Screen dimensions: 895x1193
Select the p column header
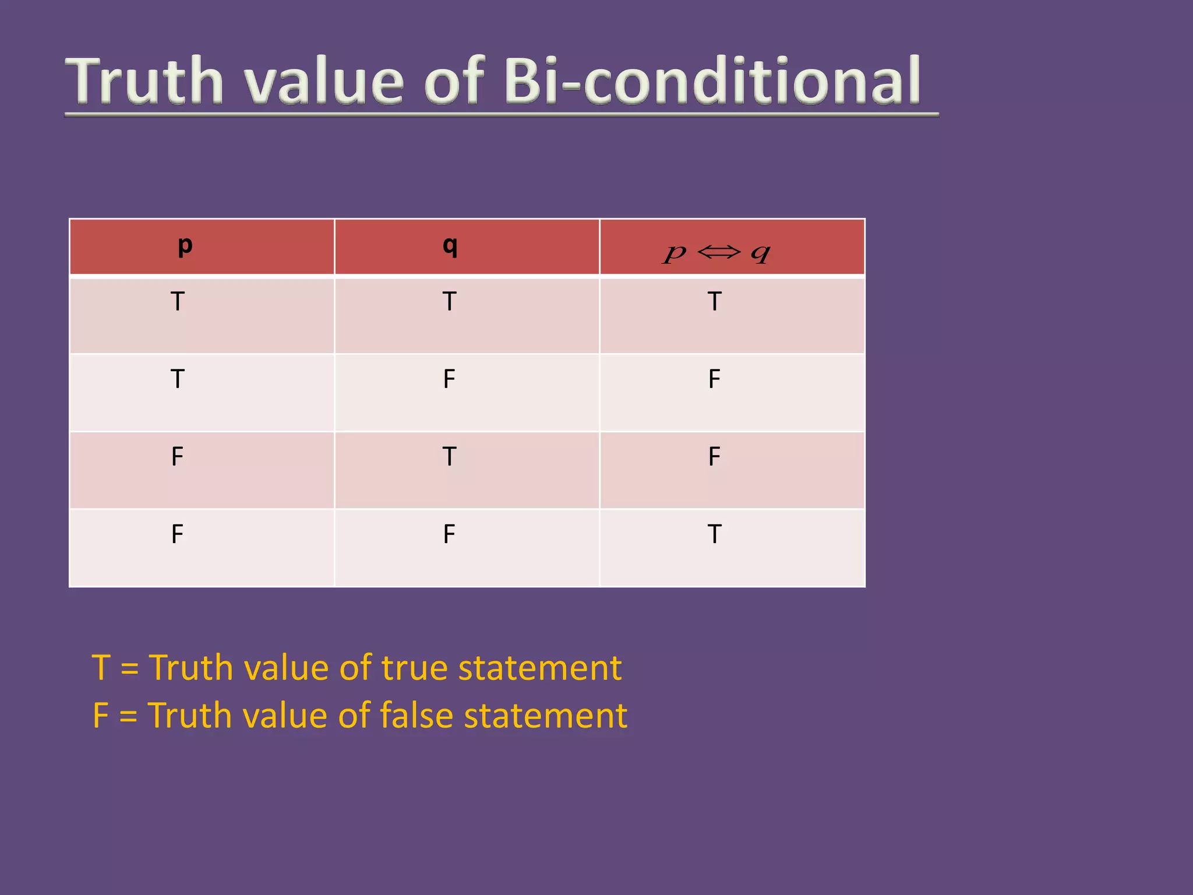click(185, 245)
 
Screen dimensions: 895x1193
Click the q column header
click(450, 245)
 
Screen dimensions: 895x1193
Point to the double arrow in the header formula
click(719, 252)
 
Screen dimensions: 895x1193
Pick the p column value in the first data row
click(178, 301)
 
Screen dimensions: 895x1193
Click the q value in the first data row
click(449, 301)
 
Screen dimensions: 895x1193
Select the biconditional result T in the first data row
click(715, 301)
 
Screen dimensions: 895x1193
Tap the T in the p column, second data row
click(178, 379)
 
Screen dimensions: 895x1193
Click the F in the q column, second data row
click(449, 379)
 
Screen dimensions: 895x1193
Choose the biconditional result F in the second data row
click(715, 379)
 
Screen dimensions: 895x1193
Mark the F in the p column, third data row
click(178, 456)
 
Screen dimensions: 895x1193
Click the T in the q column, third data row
click(449, 456)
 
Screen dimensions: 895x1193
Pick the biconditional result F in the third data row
click(715, 456)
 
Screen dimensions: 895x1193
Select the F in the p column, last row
click(178, 534)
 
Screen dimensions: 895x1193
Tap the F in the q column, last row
click(449, 534)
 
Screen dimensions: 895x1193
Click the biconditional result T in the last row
click(715, 534)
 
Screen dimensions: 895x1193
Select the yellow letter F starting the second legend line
click(101, 716)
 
